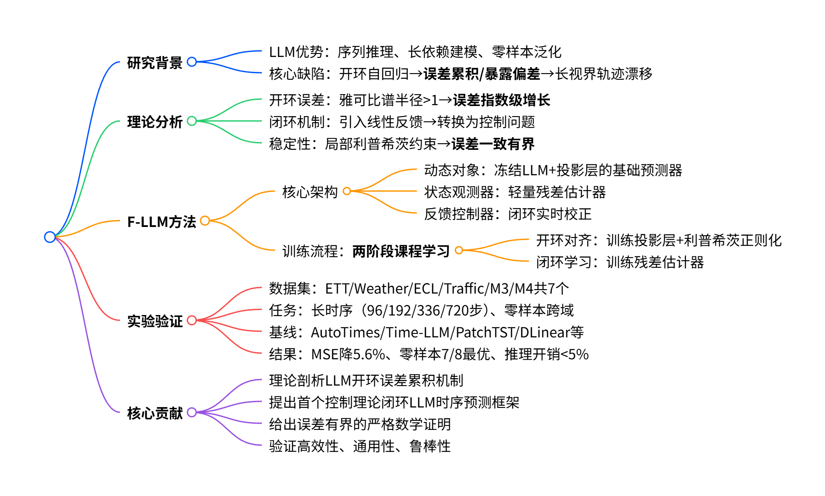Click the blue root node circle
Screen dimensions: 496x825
tap(50, 237)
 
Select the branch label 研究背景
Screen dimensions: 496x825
tap(155, 63)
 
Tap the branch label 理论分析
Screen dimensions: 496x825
tap(155, 122)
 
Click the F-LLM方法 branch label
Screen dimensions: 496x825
tap(161, 222)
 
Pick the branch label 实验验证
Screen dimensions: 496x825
tap(155, 321)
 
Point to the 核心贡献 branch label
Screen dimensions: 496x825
tap(155, 413)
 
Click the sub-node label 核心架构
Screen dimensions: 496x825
tap(310, 192)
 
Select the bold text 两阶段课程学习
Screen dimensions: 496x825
tap(401, 251)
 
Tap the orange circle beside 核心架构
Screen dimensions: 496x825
tap(347, 191)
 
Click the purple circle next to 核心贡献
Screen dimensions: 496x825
tap(192, 412)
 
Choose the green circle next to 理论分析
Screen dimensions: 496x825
tap(192, 121)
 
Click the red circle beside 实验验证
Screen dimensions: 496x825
tap(192, 320)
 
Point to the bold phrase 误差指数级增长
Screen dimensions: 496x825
tap(501, 100)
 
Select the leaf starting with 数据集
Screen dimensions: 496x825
tap(419, 288)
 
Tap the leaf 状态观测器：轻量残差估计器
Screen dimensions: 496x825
tap(515, 192)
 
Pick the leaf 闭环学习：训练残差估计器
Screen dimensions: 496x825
tap(620, 262)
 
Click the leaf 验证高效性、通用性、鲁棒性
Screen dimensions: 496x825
tap(360, 446)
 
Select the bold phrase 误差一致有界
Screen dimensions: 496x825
tap(493, 144)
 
